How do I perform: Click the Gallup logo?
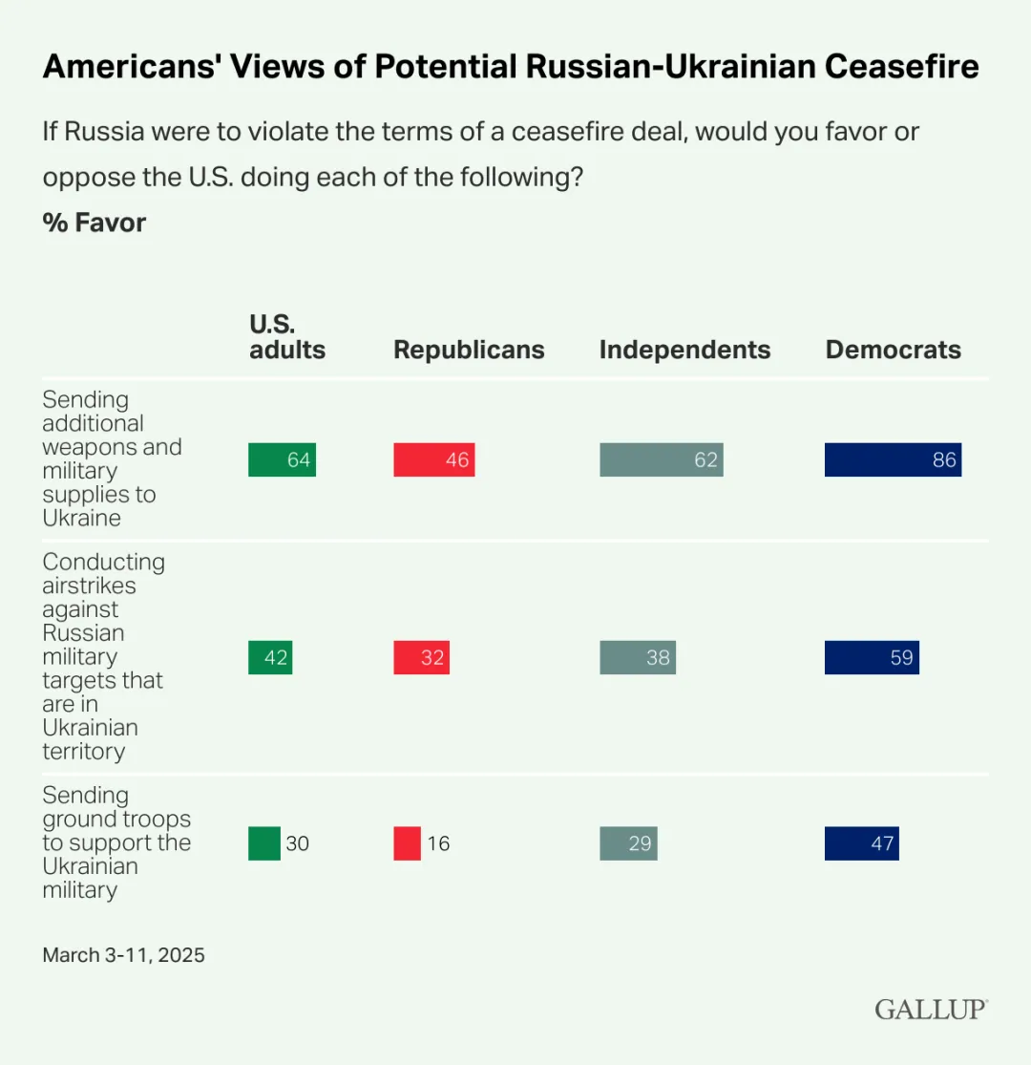pyautogui.click(x=931, y=1009)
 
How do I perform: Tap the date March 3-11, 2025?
pyautogui.click(x=123, y=954)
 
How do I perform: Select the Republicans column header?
pyautogui.click(x=469, y=350)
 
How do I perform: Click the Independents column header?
pyautogui.click(x=684, y=350)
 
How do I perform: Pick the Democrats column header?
pyautogui.click(x=893, y=350)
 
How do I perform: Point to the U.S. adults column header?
pyautogui.click(x=287, y=337)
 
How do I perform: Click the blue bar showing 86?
pyautogui.click(x=893, y=459)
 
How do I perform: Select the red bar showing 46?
pyautogui.click(x=433, y=459)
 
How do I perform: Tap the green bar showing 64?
pyautogui.click(x=282, y=459)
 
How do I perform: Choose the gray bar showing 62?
pyautogui.click(x=661, y=459)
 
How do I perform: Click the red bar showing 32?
pyautogui.click(x=421, y=657)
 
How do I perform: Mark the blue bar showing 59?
pyautogui.click(x=872, y=657)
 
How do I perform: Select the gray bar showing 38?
pyautogui.click(x=638, y=657)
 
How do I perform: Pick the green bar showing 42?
pyautogui.click(x=270, y=657)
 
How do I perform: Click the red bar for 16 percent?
pyautogui.click(x=407, y=843)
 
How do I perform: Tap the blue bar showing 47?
pyautogui.click(x=861, y=843)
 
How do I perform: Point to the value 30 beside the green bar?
pyautogui.click(x=297, y=843)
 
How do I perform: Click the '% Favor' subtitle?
pyautogui.click(x=95, y=223)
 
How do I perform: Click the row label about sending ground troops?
pyautogui.click(x=116, y=842)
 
